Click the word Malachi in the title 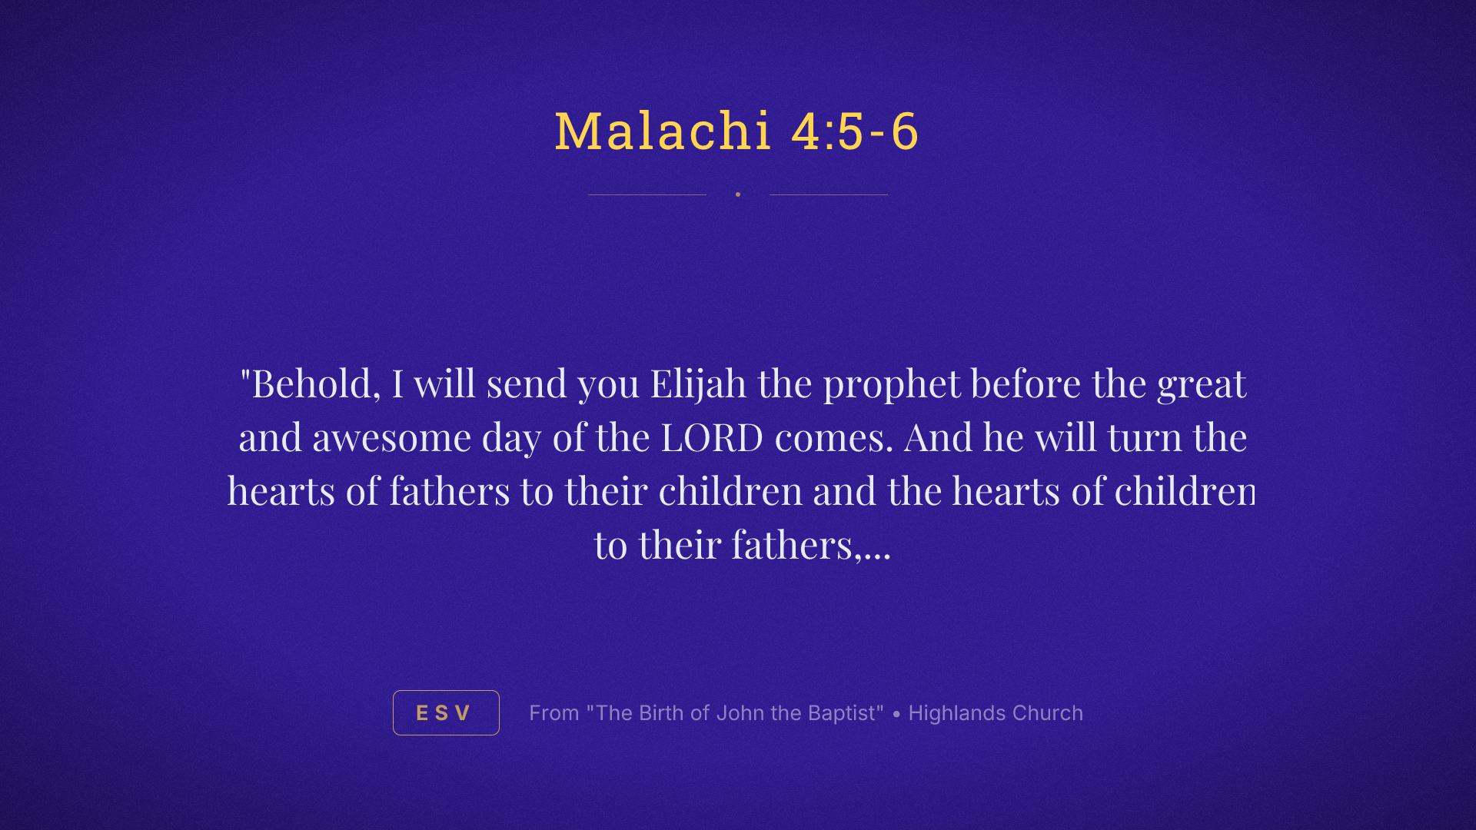663,131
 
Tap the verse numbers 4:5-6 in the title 855,131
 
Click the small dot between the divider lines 738,194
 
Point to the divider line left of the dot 647,194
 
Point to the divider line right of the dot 829,194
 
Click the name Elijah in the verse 698,383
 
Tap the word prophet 892,385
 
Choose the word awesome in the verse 391,438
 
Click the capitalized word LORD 712,438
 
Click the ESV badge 446,713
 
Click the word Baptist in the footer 846,713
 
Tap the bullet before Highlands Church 896,714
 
